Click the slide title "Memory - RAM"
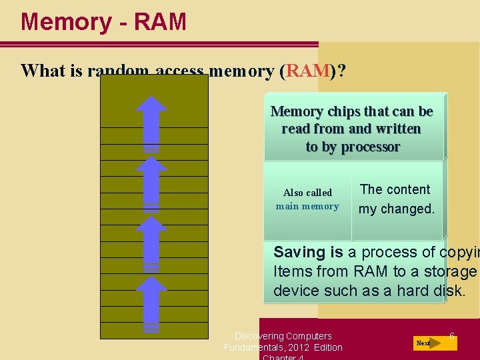coord(103,22)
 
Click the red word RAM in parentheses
coord(308,71)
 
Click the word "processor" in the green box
coord(369,147)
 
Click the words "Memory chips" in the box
coord(313,111)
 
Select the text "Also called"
coord(307,193)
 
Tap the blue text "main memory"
coord(307,206)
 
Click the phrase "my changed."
coord(396,209)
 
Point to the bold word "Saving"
coord(299,252)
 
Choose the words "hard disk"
coord(433,291)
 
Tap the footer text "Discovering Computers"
coord(283,336)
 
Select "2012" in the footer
coord(299,347)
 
